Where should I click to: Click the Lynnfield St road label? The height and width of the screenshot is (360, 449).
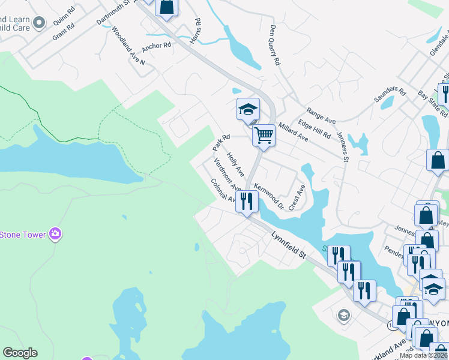tap(289, 246)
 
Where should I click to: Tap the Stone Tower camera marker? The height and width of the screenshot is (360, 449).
tap(55, 233)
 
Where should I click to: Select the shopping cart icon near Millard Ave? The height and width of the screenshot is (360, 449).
tap(264, 136)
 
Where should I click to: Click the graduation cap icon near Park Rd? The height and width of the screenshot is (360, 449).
tap(248, 109)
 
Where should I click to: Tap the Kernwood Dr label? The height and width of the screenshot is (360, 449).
tap(268, 197)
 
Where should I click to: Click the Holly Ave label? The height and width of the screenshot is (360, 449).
tap(235, 164)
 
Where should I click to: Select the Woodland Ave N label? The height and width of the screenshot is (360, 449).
tap(124, 45)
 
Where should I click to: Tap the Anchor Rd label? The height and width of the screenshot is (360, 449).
tap(157, 46)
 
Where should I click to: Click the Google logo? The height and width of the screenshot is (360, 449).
tap(20, 353)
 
